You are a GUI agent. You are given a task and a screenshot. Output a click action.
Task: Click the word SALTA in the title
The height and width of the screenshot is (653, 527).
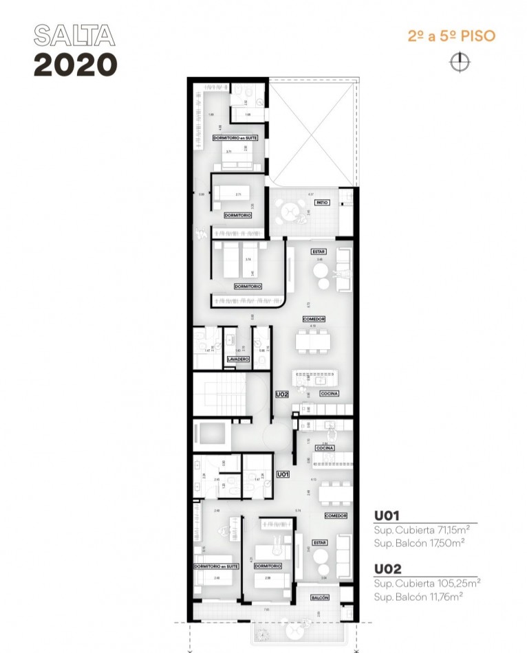tap(74, 36)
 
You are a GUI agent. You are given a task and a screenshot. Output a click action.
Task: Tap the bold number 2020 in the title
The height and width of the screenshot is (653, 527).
tap(76, 65)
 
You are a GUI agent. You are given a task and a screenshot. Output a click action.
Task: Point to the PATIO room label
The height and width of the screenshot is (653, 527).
tap(321, 203)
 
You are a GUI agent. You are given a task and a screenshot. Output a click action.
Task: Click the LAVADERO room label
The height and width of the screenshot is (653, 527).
tap(237, 359)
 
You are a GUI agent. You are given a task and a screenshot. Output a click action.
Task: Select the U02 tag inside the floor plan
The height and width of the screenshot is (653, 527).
tap(281, 395)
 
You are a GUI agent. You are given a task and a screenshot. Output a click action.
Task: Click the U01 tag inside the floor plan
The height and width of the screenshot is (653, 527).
tap(282, 474)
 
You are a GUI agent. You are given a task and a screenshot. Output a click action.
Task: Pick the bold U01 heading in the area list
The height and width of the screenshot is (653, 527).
tap(387, 515)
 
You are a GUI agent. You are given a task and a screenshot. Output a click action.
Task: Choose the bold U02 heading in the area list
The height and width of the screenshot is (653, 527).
tap(387, 568)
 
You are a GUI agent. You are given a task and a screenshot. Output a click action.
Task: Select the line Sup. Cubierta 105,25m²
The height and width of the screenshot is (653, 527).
tap(427, 583)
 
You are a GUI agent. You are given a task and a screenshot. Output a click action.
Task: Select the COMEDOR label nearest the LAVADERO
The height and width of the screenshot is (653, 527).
tap(313, 319)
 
